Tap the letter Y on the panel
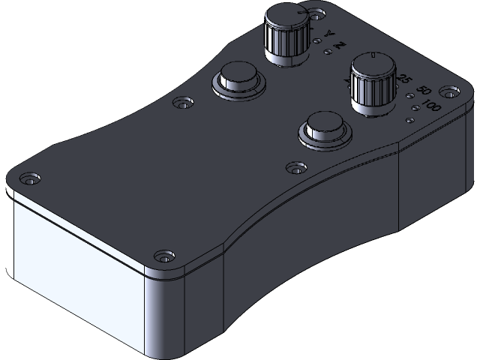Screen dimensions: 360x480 328,35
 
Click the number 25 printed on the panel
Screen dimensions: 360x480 406,79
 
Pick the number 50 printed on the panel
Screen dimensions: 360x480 421,91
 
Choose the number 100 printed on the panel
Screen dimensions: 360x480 432,106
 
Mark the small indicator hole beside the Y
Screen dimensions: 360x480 318,41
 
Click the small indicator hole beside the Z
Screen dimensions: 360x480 328,52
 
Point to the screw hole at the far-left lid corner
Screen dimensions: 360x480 29,180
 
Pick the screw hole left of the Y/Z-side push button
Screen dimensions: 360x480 181,101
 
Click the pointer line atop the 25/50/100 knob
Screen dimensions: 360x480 373,57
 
